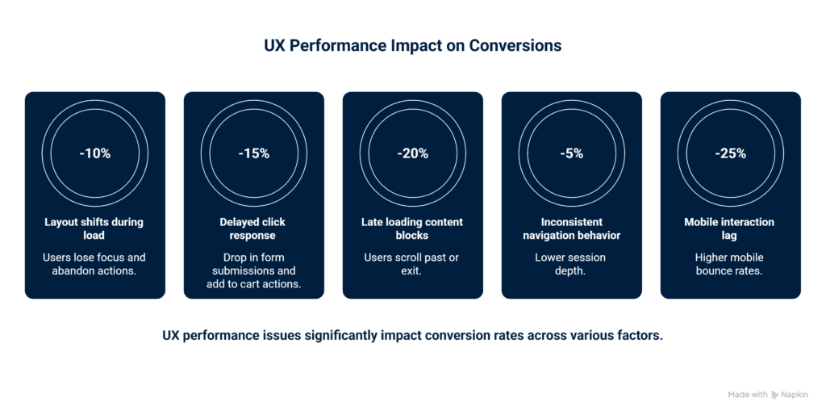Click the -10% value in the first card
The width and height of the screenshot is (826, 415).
(x=95, y=153)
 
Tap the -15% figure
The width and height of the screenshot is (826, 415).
(x=254, y=153)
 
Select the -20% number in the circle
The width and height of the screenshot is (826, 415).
(x=413, y=153)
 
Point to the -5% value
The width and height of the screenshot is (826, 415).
(x=572, y=153)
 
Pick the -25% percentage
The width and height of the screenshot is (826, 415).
(x=731, y=153)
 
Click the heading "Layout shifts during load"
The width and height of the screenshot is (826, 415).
(x=95, y=228)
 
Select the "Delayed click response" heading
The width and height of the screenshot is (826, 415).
(x=253, y=228)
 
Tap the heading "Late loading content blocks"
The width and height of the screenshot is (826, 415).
(x=413, y=228)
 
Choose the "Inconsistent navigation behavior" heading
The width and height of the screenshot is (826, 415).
(x=572, y=228)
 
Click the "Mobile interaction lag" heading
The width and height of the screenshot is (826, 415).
(x=731, y=228)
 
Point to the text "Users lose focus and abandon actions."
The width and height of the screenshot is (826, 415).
(x=95, y=264)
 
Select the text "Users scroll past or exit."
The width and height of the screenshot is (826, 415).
(x=413, y=264)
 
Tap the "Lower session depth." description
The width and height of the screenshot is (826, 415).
(x=572, y=264)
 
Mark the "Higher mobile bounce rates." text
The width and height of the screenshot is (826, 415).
(x=731, y=264)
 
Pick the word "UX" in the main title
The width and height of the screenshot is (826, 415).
(x=275, y=46)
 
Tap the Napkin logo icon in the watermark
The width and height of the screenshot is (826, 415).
(x=775, y=395)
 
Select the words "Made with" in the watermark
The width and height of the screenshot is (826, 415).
(x=747, y=395)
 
